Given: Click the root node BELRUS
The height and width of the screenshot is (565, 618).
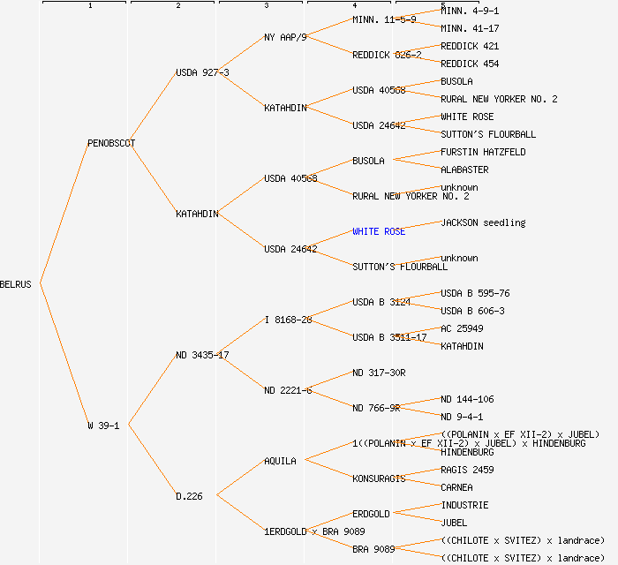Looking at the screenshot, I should tap(16, 284).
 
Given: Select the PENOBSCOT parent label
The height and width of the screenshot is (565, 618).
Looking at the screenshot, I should tap(111, 143).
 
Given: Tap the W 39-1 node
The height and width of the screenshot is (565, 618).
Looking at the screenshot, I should tap(102, 426).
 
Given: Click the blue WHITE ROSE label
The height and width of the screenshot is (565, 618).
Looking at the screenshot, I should tap(379, 231).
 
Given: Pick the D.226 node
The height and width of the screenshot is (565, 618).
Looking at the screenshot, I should tap(189, 496).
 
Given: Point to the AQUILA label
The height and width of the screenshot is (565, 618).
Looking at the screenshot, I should tap(280, 461).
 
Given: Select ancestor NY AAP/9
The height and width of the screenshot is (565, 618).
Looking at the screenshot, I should tap(285, 37).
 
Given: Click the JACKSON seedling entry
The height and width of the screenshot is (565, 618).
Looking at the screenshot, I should tap(483, 222).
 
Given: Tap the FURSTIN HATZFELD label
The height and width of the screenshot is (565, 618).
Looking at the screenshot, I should tap(483, 152).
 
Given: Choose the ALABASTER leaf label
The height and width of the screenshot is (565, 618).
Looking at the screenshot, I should tap(464, 169).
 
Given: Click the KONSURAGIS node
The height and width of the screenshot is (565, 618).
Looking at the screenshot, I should tap(379, 478).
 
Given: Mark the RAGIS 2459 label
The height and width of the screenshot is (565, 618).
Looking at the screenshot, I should tap(467, 470).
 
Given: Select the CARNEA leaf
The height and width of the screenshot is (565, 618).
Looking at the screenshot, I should tap(456, 487).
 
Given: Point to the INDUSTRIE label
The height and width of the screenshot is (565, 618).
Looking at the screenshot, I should tap(464, 505).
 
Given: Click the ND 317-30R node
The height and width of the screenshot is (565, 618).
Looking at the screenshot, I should tap(379, 373).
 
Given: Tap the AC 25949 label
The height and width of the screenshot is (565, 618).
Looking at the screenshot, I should tap(462, 328).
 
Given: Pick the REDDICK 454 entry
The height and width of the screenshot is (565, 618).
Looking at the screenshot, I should tap(470, 64).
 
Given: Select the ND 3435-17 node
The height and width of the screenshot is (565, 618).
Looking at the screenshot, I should tap(202, 355).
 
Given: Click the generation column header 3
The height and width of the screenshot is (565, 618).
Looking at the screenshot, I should tap(266, 6).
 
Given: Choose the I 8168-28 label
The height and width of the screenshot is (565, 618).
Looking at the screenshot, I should tap(288, 320).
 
